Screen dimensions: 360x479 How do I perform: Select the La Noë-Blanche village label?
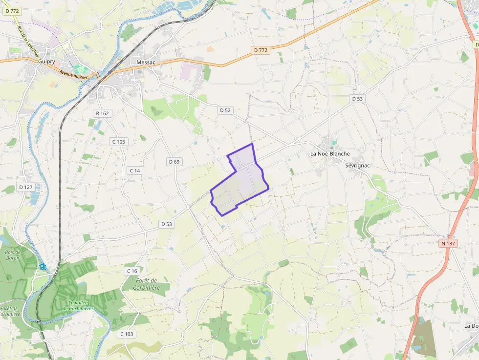[330, 153]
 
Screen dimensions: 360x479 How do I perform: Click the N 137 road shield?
[448, 243]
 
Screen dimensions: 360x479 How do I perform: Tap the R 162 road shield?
[102, 113]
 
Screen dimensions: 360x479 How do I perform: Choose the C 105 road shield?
[118, 142]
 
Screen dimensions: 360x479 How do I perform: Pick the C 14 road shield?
[134, 170]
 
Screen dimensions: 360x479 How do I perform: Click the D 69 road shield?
[174, 162]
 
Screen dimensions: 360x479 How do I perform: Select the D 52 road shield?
[225, 110]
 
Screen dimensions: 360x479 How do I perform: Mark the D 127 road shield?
[25, 187]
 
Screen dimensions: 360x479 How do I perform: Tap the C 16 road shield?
[132, 271]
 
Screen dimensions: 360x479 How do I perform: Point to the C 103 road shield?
[127, 334]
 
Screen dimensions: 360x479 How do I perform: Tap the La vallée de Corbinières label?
[78, 306]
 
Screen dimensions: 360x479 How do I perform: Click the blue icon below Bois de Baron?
[43, 267]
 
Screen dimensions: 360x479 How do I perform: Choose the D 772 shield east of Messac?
[261, 50]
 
